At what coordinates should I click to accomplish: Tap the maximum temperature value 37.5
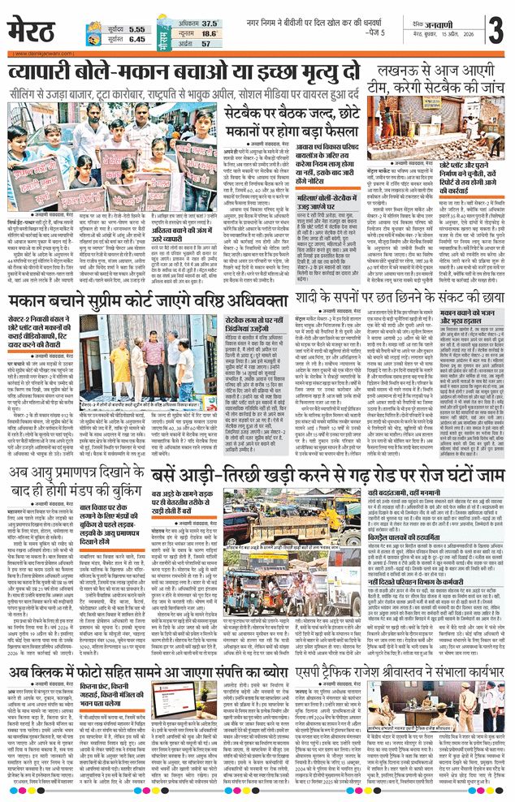click(x=209, y=24)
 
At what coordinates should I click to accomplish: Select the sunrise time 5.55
click(x=136, y=26)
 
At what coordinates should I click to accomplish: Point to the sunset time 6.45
click(x=136, y=39)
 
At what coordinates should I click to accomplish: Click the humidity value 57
click(x=210, y=44)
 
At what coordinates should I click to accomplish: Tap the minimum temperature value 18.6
click(x=209, y=34)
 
